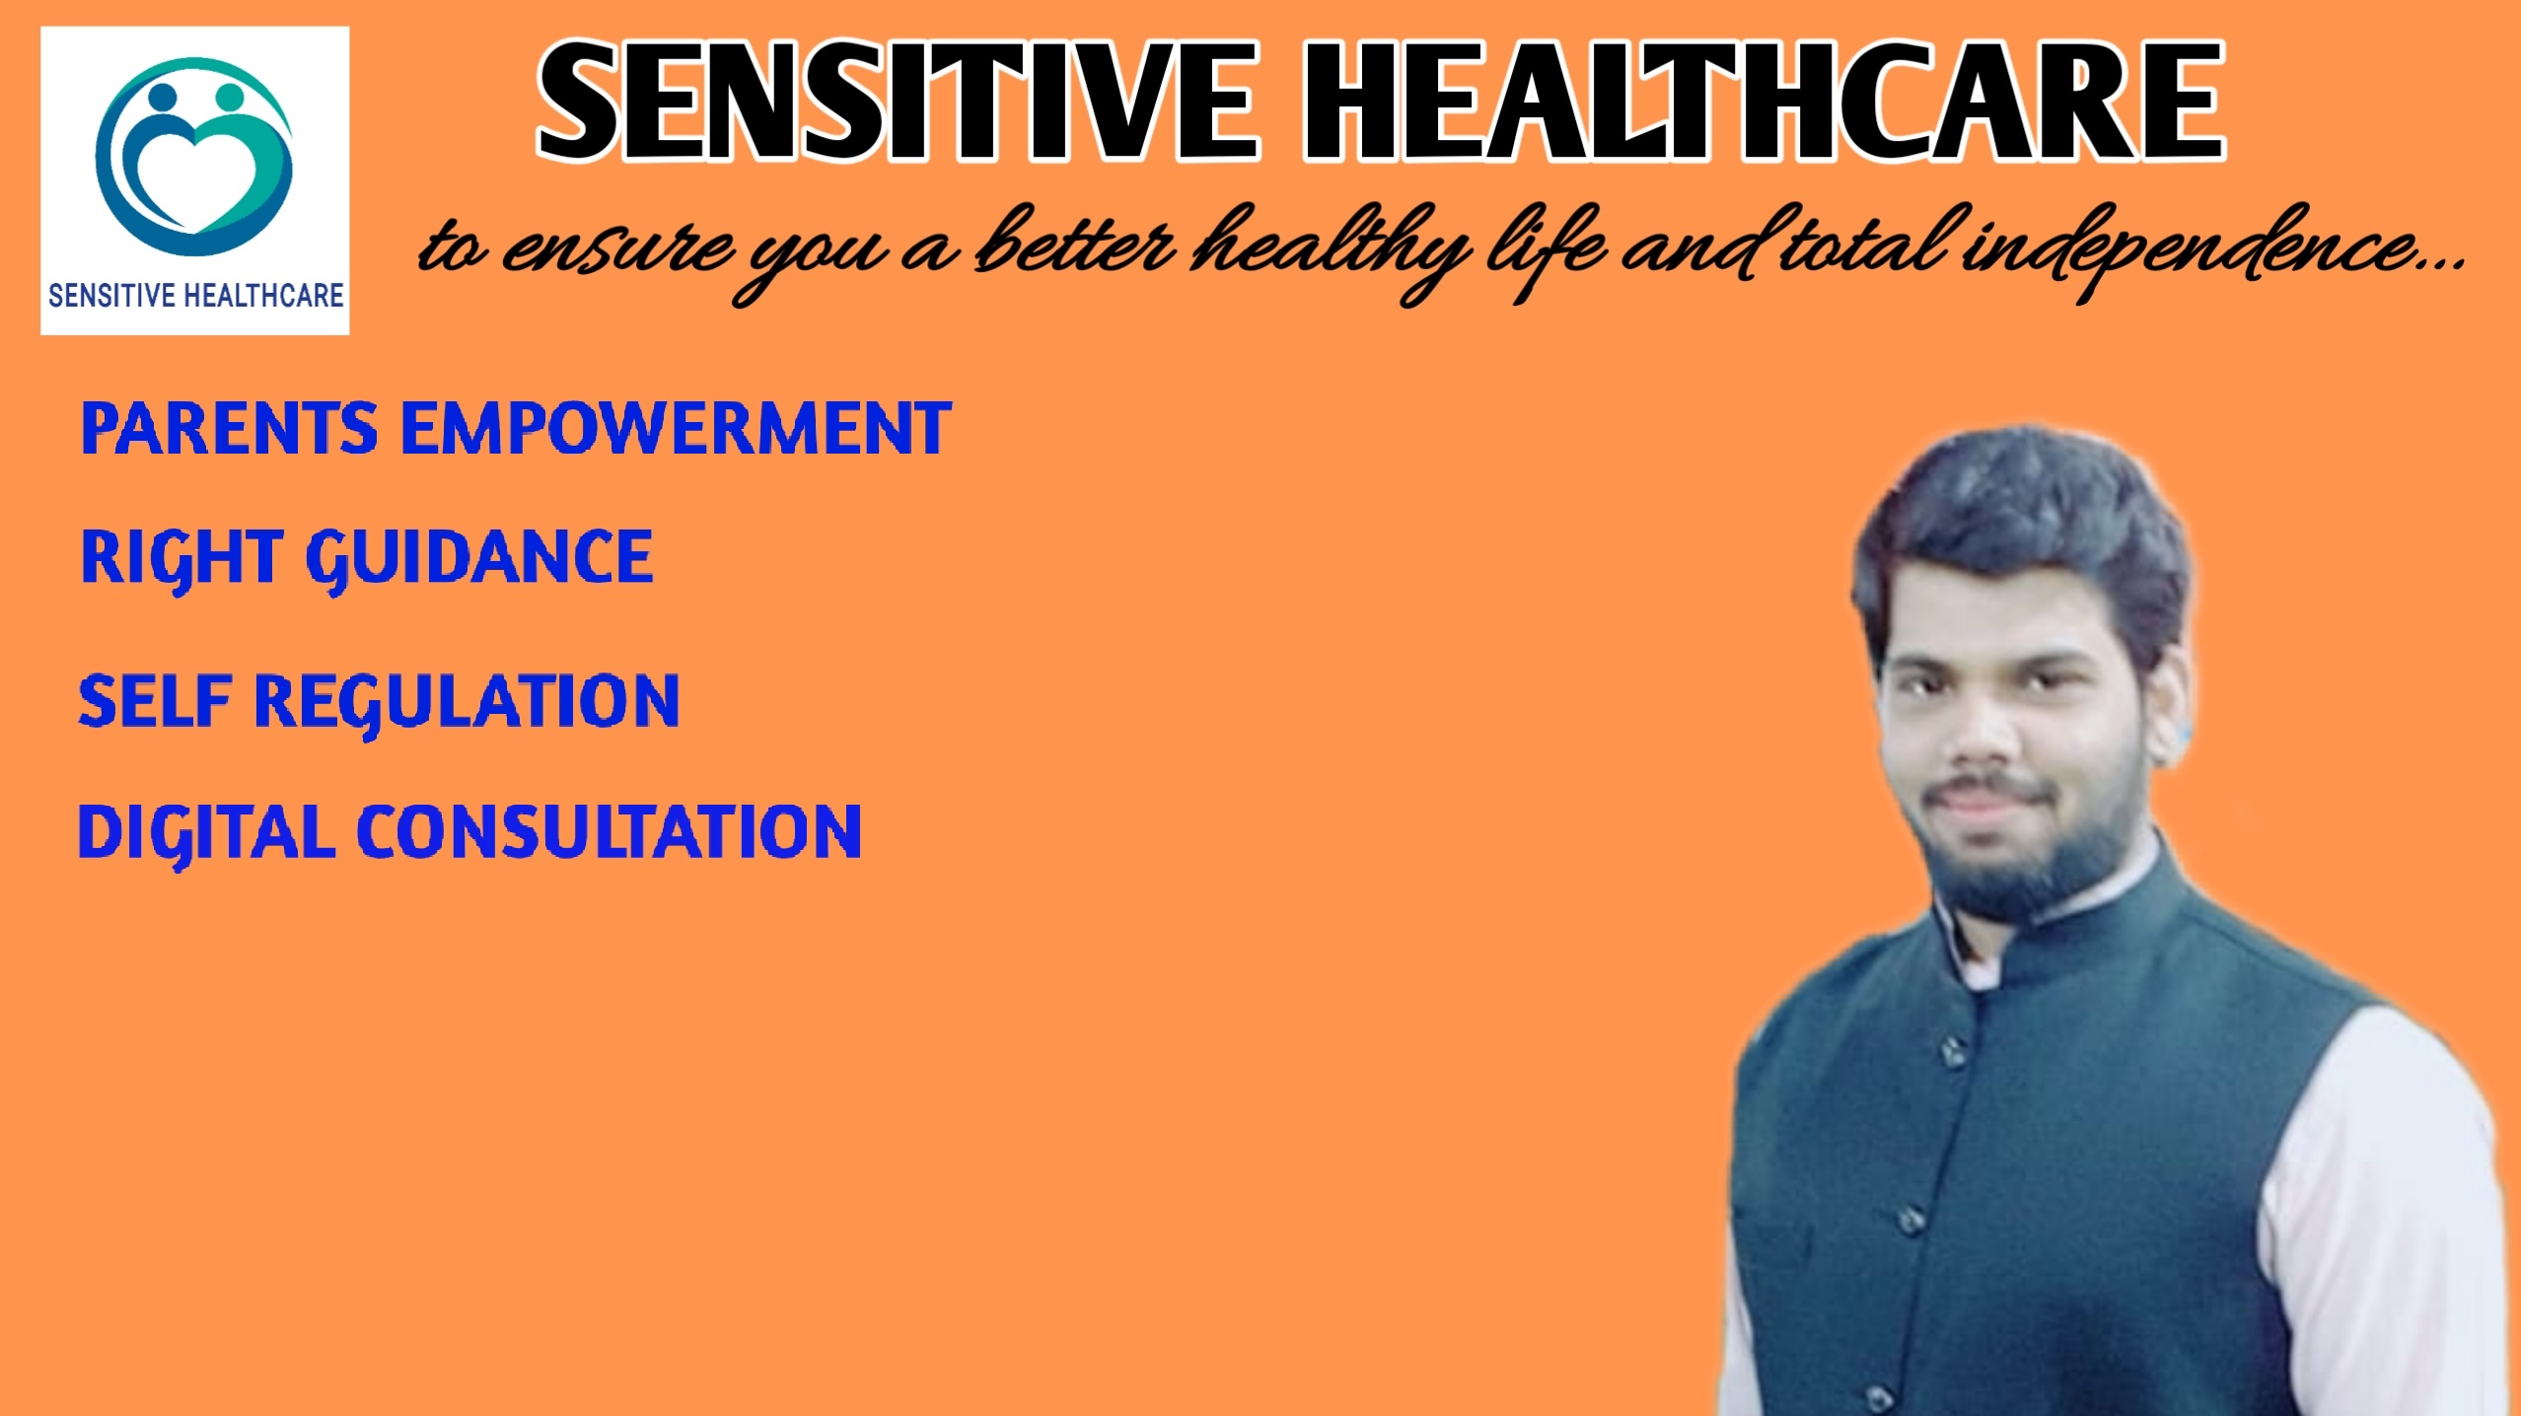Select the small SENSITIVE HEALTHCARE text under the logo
(x=195, y=295)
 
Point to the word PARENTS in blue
(x=229, y=429)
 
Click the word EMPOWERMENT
(x=676, y=429)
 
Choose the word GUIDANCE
(x=479, y=558)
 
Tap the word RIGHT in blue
(x=181, y=558)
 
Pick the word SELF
(x=155, y=701)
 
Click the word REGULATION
(x=467, y=701)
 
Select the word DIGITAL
(x=206, y=832)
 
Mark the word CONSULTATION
(x=609, y=832)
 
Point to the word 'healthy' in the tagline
(x=1332, y=247)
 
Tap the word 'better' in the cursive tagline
(x=1075, y=247)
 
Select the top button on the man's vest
(x=1950, y=1053)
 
